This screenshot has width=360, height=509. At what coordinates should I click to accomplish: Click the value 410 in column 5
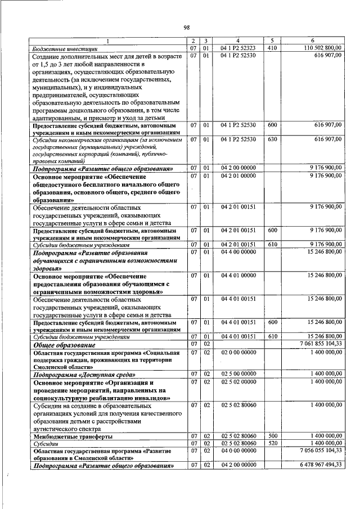(x=273, y=49)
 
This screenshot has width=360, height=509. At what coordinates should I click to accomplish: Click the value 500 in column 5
(x=273, y=436)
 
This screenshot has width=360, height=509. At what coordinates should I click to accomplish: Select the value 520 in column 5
(x=273, y=444)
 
